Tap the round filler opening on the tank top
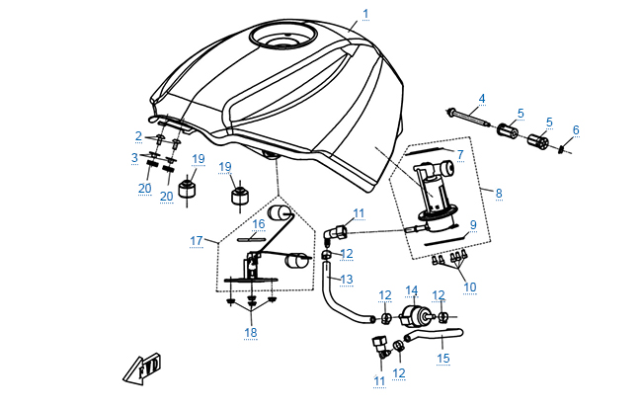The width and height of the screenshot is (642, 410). (282, 39)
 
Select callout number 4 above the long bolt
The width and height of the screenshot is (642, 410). (482, 99)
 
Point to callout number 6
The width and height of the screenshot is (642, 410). (577, 129)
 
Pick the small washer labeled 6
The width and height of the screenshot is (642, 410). (562, 149)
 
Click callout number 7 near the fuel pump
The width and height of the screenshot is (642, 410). (459, 154)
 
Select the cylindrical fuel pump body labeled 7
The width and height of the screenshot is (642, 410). (433, 183)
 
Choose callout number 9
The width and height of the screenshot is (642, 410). (473, 226)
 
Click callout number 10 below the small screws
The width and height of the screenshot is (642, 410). (469, 287)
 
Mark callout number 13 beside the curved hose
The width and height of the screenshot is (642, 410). (346, 280)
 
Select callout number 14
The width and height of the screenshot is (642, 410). (413, 291)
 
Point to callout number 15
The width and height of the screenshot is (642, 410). (443, 358)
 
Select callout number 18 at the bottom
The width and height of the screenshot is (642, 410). (251, 333)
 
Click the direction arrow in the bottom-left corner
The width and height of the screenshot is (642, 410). (137, 371)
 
